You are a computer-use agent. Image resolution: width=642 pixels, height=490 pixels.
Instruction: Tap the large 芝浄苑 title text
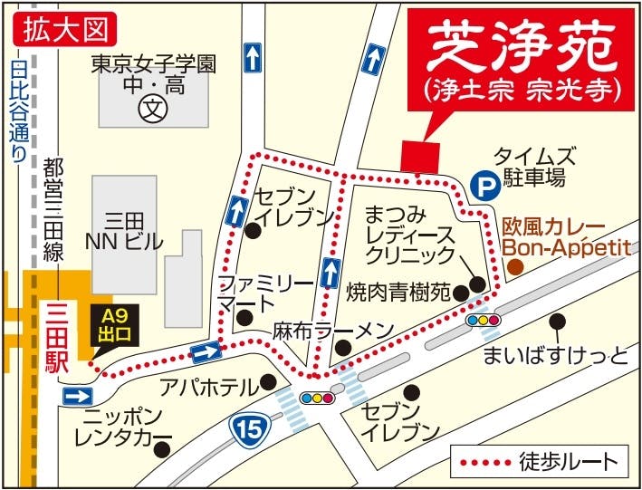coord(520,45)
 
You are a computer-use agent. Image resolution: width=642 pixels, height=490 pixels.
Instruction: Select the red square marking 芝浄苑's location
coord(420,156)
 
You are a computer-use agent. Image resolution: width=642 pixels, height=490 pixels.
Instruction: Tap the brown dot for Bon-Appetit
coord(514,266)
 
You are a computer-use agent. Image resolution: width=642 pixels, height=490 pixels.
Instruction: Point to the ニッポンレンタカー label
coord(121,429)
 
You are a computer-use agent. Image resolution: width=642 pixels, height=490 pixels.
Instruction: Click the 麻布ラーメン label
coord(323,331)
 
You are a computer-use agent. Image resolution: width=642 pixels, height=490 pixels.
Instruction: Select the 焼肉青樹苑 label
coord(398,293)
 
